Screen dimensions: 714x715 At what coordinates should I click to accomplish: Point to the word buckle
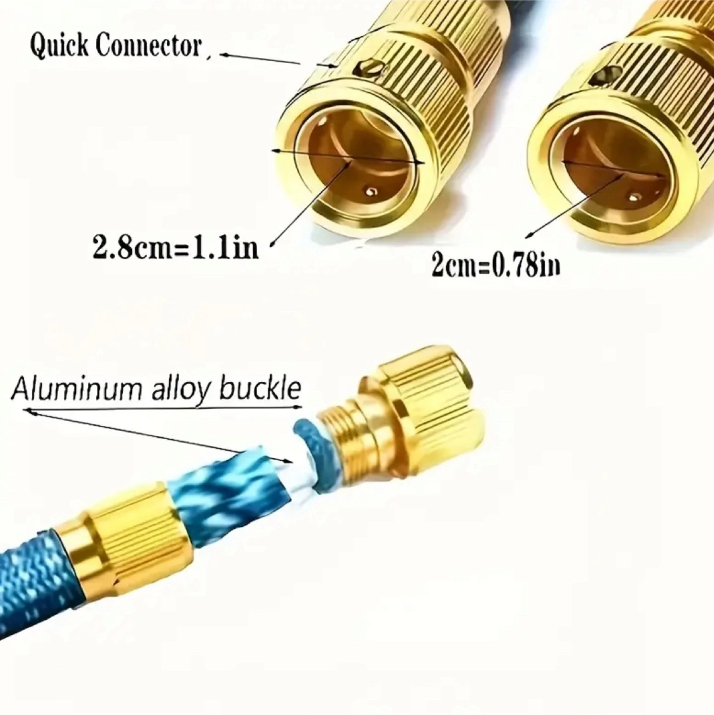(260, 389)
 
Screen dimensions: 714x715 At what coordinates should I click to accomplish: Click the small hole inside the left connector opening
(371, 192)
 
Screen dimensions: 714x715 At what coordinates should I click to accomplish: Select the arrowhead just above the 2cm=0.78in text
(531, 234)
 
